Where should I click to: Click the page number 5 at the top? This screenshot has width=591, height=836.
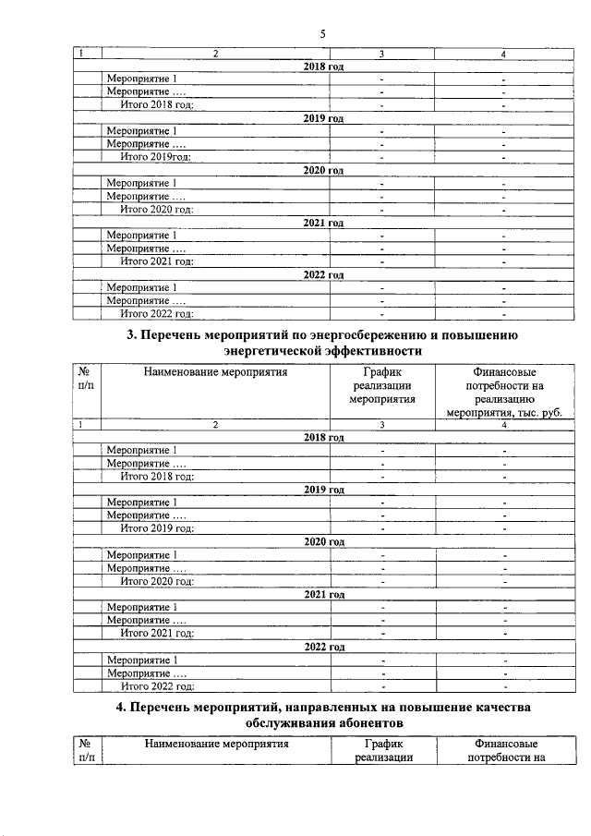(322, 34)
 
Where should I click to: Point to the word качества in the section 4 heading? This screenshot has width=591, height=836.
(494, 706)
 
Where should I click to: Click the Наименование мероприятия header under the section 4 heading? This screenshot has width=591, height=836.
(214, 744)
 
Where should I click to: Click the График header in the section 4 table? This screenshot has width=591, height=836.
(383, 744)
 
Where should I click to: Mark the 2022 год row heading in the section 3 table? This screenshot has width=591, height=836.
(324, 648)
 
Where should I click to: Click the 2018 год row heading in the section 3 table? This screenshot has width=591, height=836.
(324, 437)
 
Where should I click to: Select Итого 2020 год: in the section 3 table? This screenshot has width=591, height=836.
(157, 581)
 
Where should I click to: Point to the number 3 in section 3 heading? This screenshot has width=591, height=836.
(129, 335)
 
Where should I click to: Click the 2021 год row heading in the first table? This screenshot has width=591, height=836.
(324, 224)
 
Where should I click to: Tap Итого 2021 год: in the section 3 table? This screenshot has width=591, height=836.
(157, 634)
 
